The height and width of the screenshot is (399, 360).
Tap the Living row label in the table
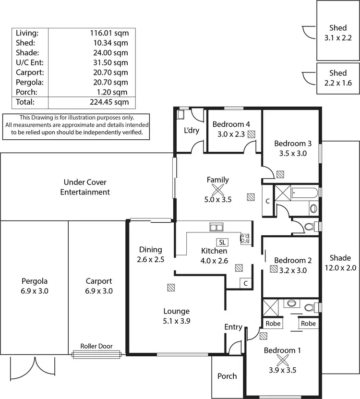(x=27, y=33)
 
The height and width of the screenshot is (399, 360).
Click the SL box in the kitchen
(x=222, y=242)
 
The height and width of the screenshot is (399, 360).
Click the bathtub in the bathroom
(x=305, y=193)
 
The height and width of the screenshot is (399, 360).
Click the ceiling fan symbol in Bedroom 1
(x=282, y=360)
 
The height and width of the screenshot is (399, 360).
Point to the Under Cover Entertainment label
(x=85, y=187)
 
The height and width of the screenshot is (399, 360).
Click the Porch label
(x=227, y=376)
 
